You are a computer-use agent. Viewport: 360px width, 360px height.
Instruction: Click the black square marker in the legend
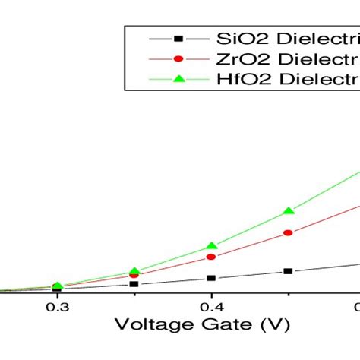(x=178, y=38)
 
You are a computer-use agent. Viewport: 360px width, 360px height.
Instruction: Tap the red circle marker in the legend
(x=178, y=58)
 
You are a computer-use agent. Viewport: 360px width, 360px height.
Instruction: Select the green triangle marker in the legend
(x=178, y=78)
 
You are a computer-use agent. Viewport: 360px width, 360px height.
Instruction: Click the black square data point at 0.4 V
(x=211, y=278)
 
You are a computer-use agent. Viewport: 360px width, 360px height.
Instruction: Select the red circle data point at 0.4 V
(x=211, y=257)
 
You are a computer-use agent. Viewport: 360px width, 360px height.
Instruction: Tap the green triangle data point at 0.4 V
(x=211, y=245)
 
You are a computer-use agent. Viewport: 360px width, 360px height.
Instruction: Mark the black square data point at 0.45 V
(x=288, y=271)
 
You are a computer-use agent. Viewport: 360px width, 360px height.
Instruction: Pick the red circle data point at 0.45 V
(x=288, y=232)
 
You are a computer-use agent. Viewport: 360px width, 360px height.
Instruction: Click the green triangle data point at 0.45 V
(x=288, y=210)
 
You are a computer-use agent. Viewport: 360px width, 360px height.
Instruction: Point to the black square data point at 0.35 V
(x=134, y=284)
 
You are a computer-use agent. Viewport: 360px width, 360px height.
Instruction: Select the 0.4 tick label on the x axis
(x=211, y=307)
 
